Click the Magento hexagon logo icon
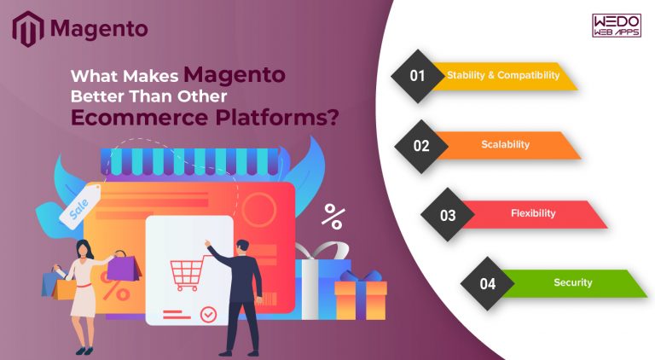point(27,28)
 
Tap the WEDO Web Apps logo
point(615,26)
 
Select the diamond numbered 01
point(417,76)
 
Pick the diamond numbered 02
point(421,145)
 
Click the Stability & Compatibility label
point(503,75)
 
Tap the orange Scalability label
point(507,145)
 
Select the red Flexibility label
point(533,213)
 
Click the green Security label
point(572,283)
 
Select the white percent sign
point(333,216)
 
